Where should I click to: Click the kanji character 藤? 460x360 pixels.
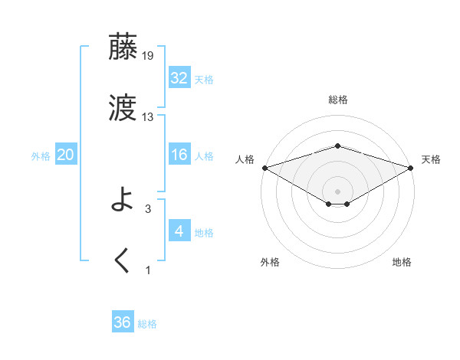pyautogui.click(x=123, y=47)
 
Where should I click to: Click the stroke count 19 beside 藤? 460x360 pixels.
pyautogui.click(x=149, y=55)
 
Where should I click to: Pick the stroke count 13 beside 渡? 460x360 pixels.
pyautogui.click(x=148, y=117)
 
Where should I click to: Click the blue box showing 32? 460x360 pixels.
pyautogui.click(x=179, y=78)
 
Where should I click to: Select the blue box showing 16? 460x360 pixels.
pyautogui.click(x=179, y=155)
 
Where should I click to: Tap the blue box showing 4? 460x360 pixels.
pyautogui.click(x=179, y=231)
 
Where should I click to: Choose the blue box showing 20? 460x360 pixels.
pyautogui.click(x=66, y=155)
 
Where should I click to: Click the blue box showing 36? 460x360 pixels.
pyautogui.click(x=123, y=322)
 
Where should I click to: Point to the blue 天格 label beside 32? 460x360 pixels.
pyautogui.click(x=204, y=80)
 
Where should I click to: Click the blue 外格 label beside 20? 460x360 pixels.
pyautogui.click(x=41, y=156)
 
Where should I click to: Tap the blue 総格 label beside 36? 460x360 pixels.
pyautogui.click(x=147, y=324)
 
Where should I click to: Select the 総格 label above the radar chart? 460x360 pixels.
pyautogui.click(x=338, y=100)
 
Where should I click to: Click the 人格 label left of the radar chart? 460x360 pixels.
pyautogui.click(x=245, y=159)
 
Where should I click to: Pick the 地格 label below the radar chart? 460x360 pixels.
pyautogui.click(x=402, y=263)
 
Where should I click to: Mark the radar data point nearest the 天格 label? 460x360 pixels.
pyautogui.click(x=412, y=167)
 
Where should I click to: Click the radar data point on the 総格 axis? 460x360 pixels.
pyautogui.click(x=337, y=146)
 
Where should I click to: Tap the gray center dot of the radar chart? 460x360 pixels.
pyautogui.click(x=337, y=191)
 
